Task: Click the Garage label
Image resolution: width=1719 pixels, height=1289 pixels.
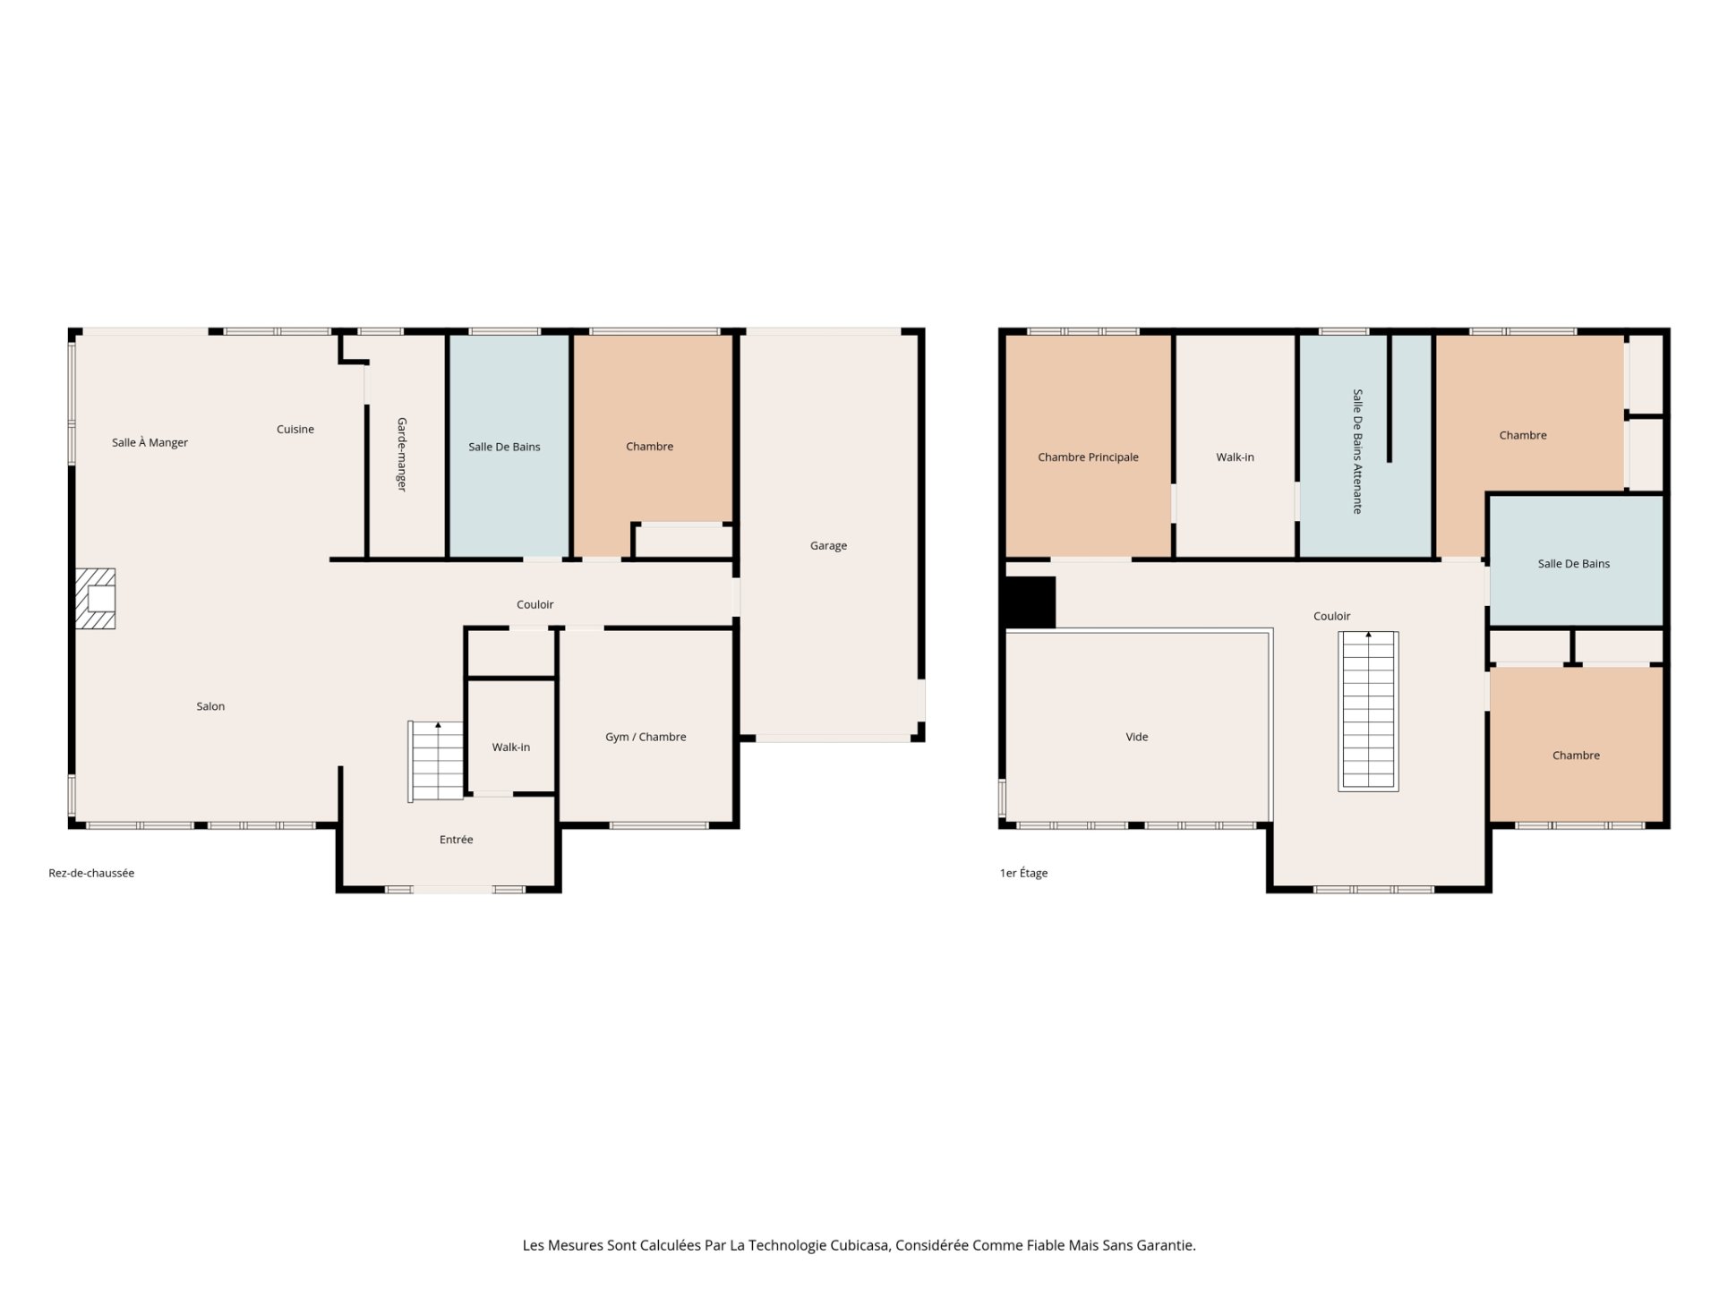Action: (x=828, y=546)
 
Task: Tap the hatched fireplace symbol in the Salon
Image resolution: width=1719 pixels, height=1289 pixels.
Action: (x=95, y=599)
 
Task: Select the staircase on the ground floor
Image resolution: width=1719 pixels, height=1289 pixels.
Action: (x=436, y=761)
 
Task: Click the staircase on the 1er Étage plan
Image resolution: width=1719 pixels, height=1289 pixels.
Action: (x=1368, y=711)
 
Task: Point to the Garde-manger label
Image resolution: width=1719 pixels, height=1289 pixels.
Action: (x=402, y=454)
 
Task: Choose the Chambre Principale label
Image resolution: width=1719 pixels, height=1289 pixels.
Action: (x=1088, y=457)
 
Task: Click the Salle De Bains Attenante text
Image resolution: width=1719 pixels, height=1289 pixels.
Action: (x=1357, y=451)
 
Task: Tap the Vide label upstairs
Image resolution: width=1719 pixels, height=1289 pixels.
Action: (x=1137, y=738)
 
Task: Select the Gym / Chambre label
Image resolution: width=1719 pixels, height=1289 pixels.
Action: (x=646, y=738)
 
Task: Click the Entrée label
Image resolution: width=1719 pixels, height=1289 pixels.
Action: (x=457, y=840)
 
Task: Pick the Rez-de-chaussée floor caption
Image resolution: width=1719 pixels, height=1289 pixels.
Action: (x=91, y=874)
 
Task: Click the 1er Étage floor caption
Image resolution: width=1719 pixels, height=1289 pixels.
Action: (x=1023, y=874)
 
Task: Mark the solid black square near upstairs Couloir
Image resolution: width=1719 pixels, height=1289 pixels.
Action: (x=1030, y=602)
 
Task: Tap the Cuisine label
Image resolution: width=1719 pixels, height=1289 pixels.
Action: (x=295, y=430)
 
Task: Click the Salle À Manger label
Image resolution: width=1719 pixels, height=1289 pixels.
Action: (x=150, y=442)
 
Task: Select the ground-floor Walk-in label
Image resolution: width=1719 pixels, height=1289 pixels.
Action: (x=511, y=747)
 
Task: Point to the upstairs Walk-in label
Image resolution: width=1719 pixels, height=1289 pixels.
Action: (x=1235, y=457)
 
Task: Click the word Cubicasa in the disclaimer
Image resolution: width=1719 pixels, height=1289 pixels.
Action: (x=859, y=1245)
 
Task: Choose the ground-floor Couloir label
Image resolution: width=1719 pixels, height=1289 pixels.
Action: (x=535, y=605)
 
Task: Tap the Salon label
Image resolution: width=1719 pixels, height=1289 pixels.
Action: (x=210, y=707)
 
